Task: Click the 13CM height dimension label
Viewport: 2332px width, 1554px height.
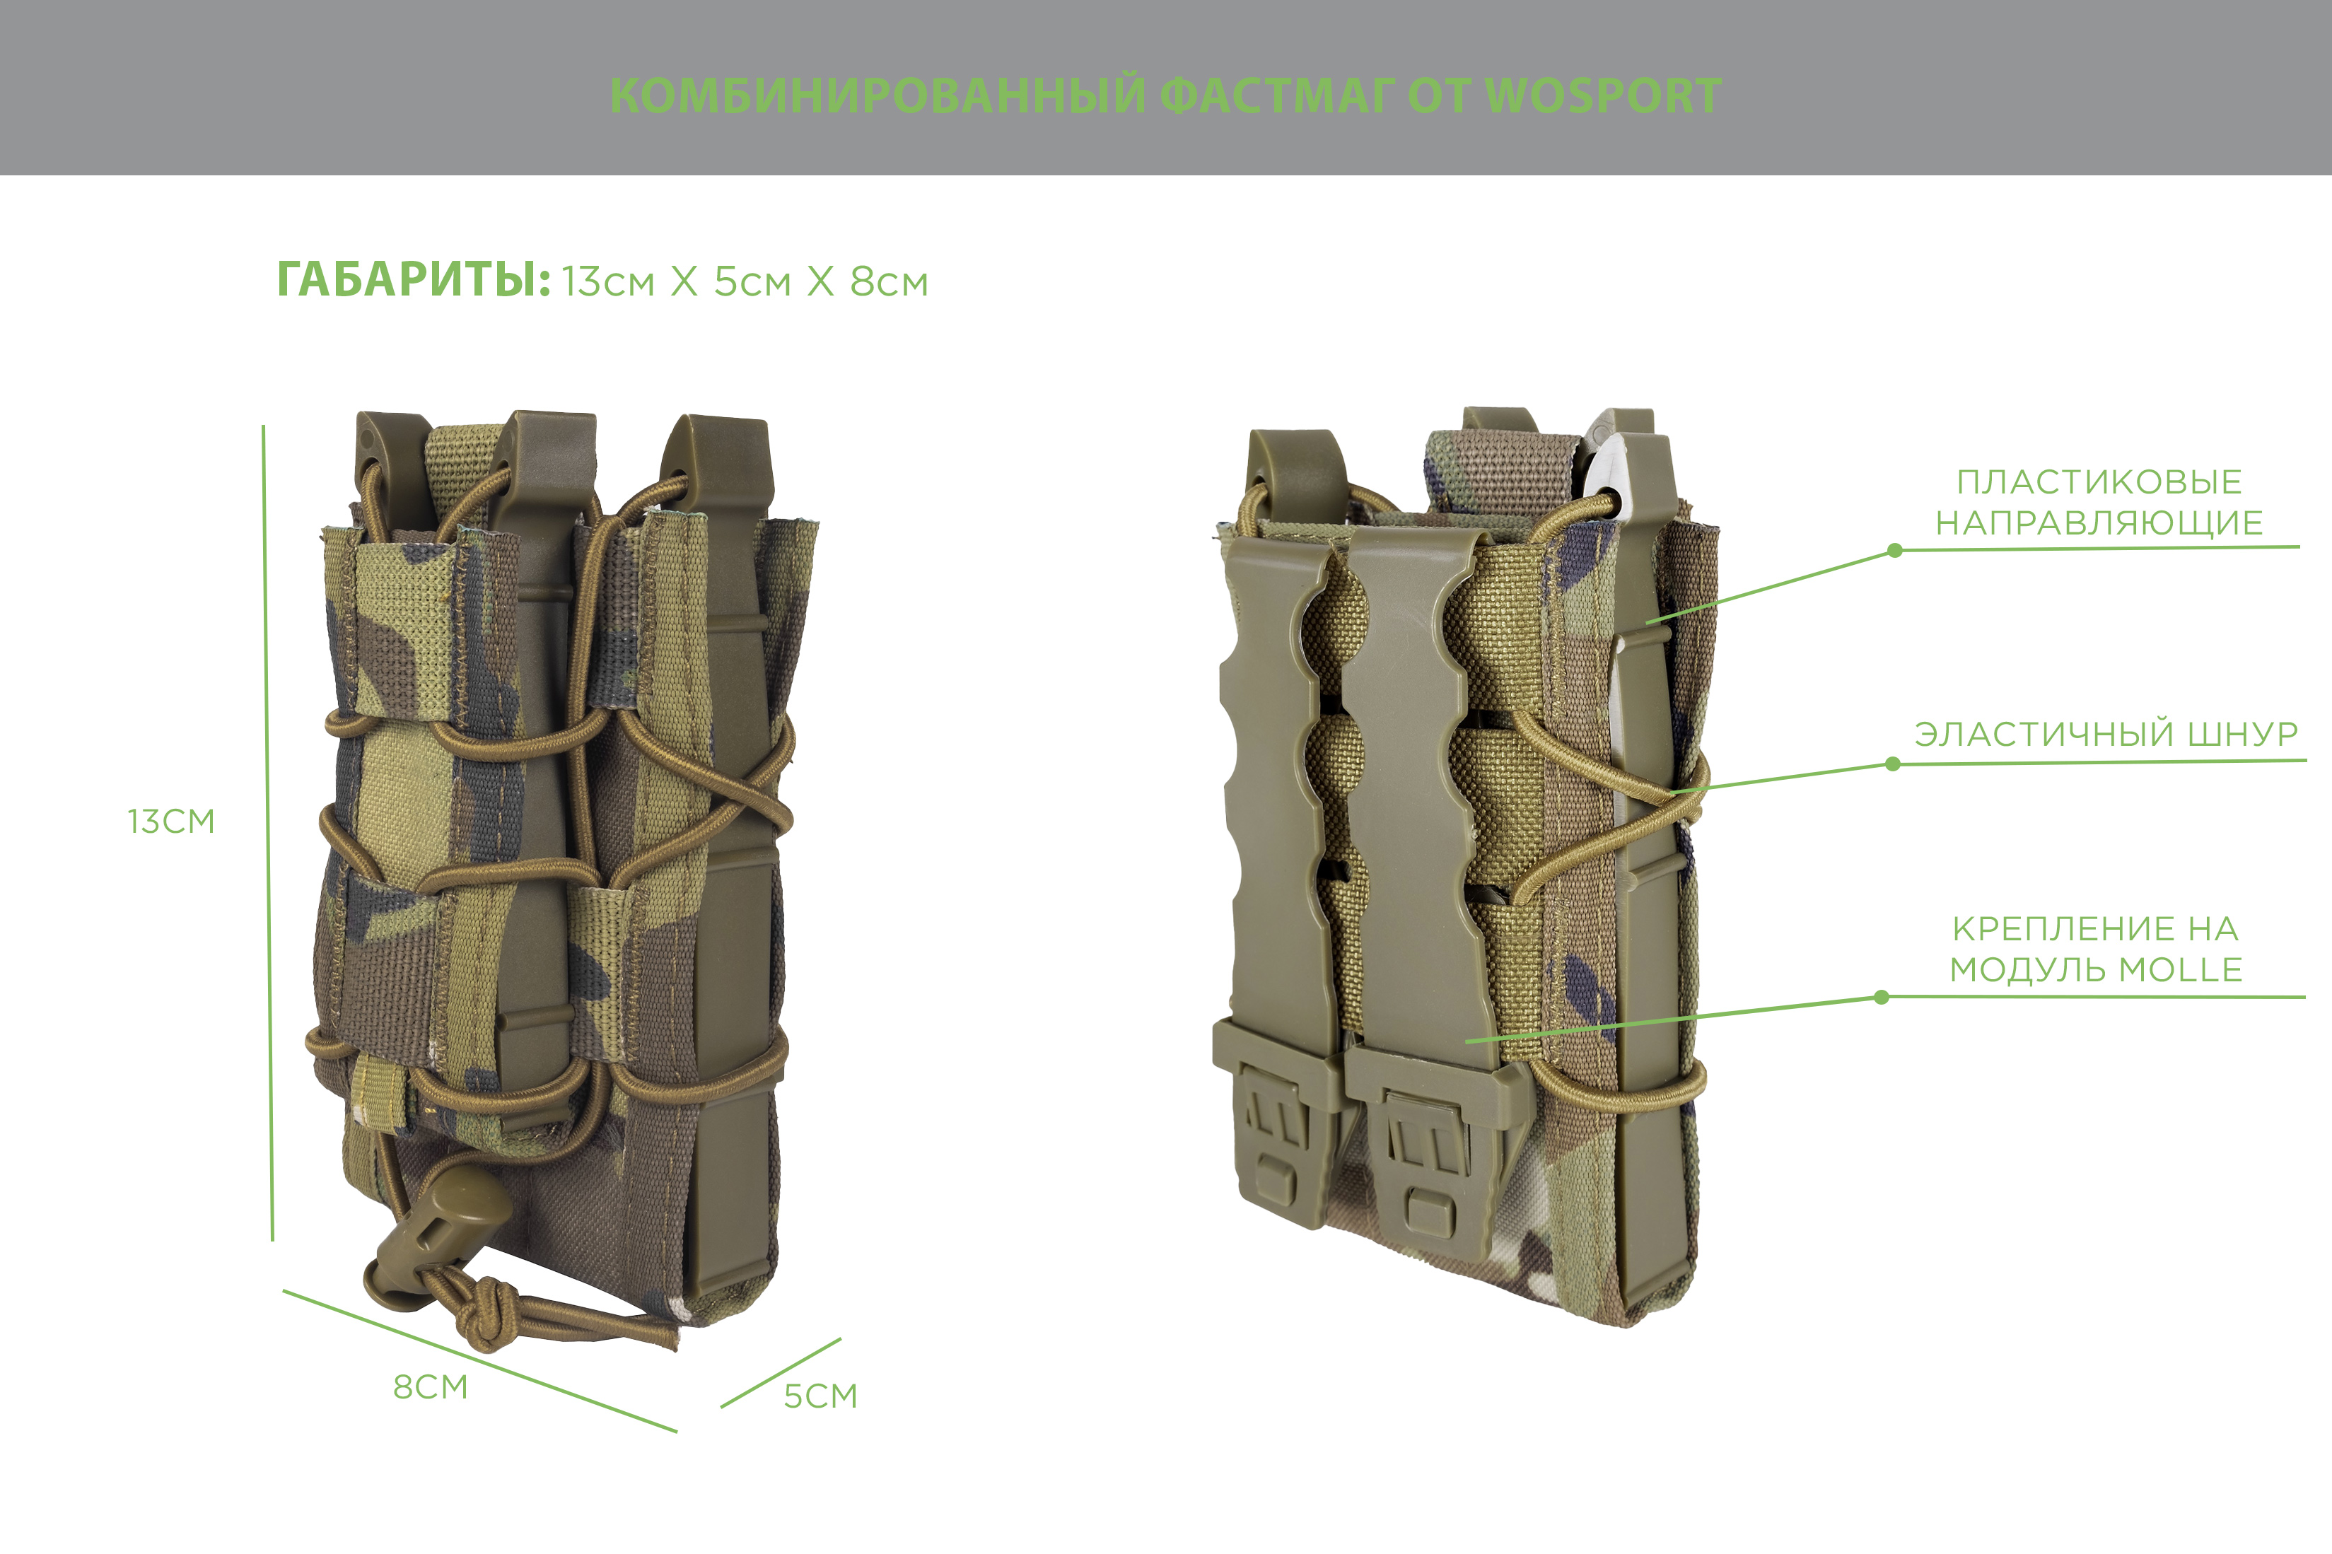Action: point(170,822)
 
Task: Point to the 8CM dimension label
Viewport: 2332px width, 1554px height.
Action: point(430,1387)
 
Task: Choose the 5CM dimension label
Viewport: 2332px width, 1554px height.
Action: point(821,1396)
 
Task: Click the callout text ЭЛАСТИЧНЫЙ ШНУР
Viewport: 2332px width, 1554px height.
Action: point(2106,735)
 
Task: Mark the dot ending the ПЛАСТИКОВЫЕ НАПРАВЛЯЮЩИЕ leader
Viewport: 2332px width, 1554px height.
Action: point(1895,550)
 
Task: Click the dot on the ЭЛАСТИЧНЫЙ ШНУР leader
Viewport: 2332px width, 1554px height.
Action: point(1893,764)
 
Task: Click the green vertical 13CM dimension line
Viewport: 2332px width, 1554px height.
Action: point(267,833)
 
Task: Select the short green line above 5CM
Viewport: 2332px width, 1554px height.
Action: point(781,1372)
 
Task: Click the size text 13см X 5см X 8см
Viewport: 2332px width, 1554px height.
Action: point(745,283)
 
